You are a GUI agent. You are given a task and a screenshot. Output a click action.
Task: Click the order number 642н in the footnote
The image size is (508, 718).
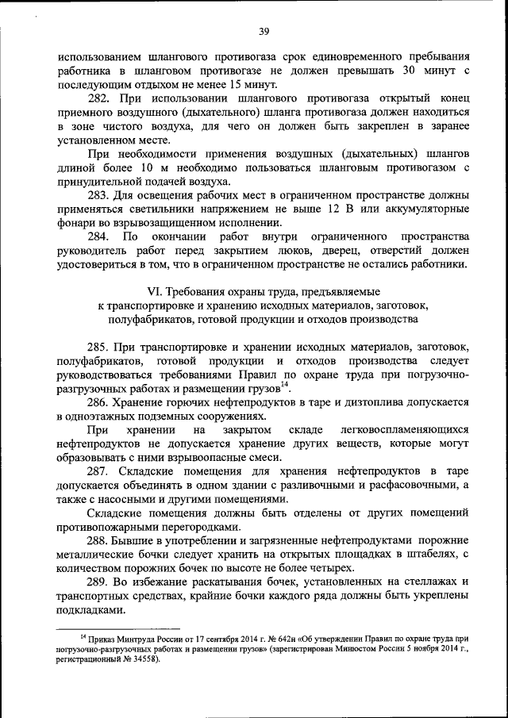(256, 638)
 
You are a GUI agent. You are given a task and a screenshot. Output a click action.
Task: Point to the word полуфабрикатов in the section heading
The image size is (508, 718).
(151, 319)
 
